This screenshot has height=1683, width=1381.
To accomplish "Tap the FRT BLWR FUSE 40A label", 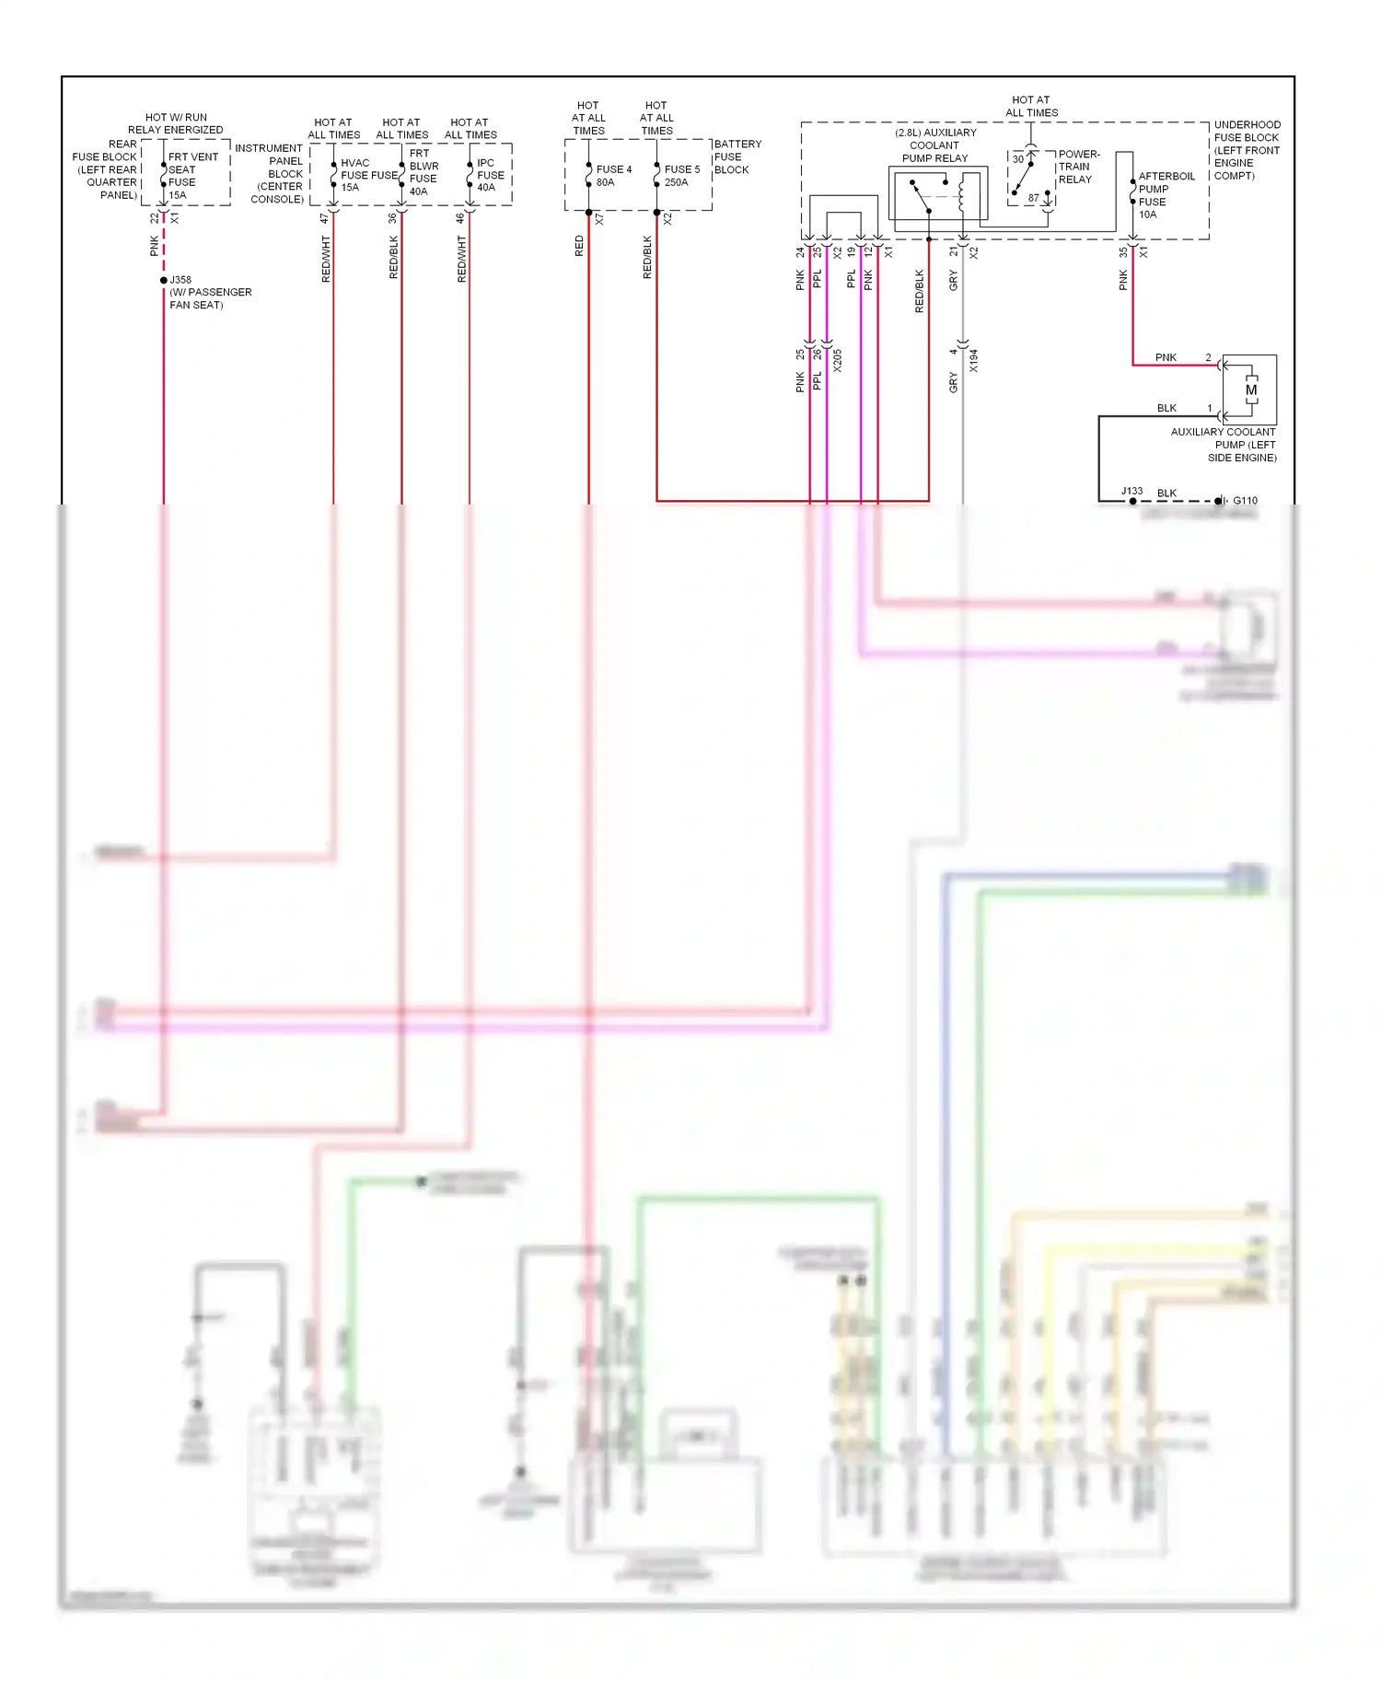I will click(x=423, y=172).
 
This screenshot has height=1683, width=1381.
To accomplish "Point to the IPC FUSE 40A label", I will click(x=490, y=175).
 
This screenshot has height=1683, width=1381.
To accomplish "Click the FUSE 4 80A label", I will click(x=613, y=176).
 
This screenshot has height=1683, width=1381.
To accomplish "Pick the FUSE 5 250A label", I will click(x=681, y=176).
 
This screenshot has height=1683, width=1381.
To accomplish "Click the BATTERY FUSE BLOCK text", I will click(x=737, y=157).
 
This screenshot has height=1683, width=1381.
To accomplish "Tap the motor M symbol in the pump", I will click(x=1250, y=390).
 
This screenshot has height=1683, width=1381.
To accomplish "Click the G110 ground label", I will click(x=1245, y=501).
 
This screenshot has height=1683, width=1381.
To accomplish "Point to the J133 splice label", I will click(x=1131, y=491).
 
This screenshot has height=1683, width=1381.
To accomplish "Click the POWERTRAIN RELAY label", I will click(x=1078, y=167).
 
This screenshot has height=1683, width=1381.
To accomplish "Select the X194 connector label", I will click(x=973, y=360).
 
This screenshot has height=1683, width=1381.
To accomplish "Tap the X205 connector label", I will click(x=837, y=360).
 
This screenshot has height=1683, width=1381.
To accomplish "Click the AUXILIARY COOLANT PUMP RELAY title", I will click(x=934, y=145).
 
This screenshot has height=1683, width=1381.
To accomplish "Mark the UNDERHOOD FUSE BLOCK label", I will click(x=1247, y=150).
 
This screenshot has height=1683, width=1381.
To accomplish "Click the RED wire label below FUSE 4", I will click(x=579, y=246).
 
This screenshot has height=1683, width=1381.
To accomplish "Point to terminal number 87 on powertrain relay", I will click(x=1033, y=198).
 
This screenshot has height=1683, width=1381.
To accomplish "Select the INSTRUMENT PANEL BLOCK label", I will click(x=274, y=173).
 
